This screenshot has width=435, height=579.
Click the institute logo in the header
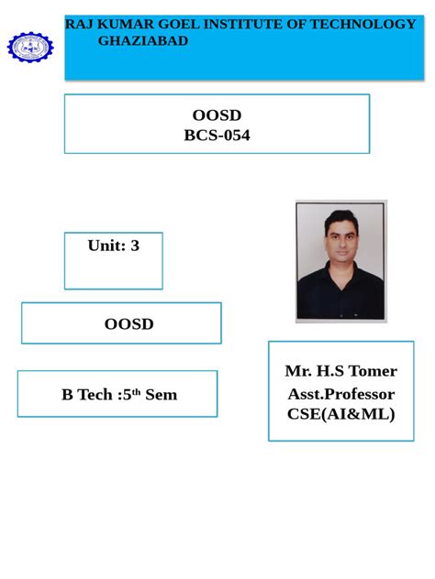(30, 47)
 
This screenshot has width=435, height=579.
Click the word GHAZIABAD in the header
(142, 41)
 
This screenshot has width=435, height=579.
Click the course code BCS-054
(217, 136)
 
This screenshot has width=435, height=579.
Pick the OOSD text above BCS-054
(217, 115)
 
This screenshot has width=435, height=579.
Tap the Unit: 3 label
(113, 246)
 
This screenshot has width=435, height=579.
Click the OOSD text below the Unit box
(128, 323)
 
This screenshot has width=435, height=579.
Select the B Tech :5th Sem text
(119, 395)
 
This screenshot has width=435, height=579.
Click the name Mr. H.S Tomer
(340, 371)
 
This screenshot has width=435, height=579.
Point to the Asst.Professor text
(340, 394)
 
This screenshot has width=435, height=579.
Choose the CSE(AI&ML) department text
(340, 414)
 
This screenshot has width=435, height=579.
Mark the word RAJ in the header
(78, 24)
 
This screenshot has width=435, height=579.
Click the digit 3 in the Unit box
(135, 246)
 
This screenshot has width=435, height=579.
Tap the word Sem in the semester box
(161, 395)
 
